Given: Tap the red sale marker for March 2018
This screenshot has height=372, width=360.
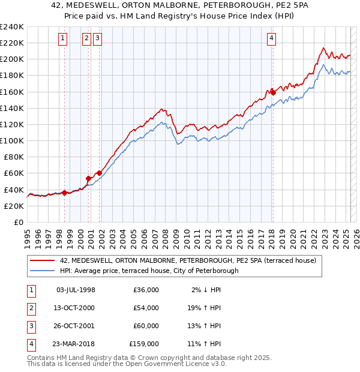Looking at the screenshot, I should (272, 92).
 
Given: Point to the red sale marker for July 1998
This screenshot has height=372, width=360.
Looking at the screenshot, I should (64, 193).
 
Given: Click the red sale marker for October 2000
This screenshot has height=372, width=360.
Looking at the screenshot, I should (88, 178).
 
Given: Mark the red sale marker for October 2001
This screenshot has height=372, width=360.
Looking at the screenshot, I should (99, 173).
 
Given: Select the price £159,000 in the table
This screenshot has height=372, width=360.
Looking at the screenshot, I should (144, 344).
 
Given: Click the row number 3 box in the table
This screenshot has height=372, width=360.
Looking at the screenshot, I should (31, 326).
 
